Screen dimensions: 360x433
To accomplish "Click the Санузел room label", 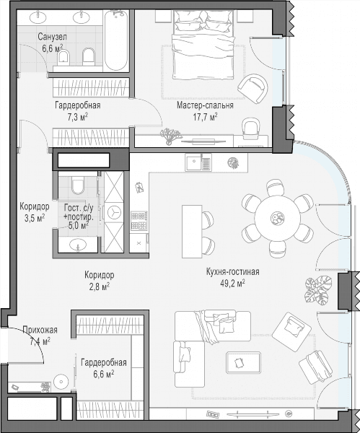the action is [x=52, y=37].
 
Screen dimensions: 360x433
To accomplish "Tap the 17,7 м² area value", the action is [x=205, y=117].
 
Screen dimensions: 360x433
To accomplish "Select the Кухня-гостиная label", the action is [x=233, y=272].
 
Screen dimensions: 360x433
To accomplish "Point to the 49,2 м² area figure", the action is [x=233, y=284].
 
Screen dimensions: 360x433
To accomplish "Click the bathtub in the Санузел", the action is [x=116, y=41].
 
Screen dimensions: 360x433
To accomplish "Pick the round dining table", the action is [x=277, y=218].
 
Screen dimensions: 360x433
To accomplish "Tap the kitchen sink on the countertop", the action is [x=198, y=162].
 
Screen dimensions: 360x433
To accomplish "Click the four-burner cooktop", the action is [x=139, y=220].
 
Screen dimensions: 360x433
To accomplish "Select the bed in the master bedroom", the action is [x=203, y=45].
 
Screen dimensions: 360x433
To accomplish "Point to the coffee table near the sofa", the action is [x=243, y=362].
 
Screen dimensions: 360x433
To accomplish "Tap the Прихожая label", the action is [x=40, y=330].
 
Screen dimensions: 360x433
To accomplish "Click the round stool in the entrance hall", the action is [x=61, y=382].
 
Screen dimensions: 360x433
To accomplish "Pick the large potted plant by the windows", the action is [x=318, y=291].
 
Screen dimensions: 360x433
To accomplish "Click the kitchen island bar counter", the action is [x=192, y=231].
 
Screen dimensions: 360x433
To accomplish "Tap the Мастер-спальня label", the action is [x=205, y=105].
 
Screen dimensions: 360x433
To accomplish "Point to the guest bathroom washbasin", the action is [x=78, y=245].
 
